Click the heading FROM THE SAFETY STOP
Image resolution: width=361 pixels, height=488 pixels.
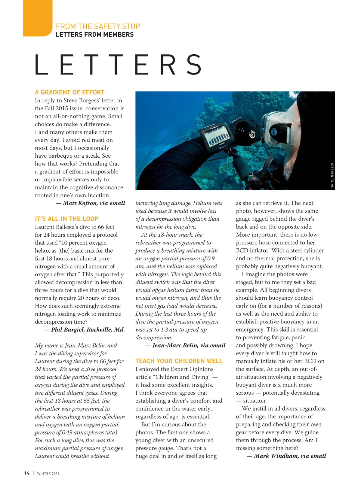(x=98, y=26)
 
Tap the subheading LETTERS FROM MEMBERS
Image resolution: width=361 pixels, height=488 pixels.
(x=94, y=35)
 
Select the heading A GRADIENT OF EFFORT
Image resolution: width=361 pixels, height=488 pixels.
(x=69, y=92)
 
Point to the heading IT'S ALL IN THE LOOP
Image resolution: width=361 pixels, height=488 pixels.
(x=66, y=219)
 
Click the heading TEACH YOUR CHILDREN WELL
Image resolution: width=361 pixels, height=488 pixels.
(x=179, y=361)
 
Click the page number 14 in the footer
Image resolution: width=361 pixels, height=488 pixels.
(x=27, y=473)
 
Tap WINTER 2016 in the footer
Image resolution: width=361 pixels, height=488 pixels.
(x=48, y=473)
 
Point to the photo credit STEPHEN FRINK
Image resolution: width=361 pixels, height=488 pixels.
(x=332, y=175)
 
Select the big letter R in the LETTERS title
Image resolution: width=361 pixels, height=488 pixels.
(x=168, y=65)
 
